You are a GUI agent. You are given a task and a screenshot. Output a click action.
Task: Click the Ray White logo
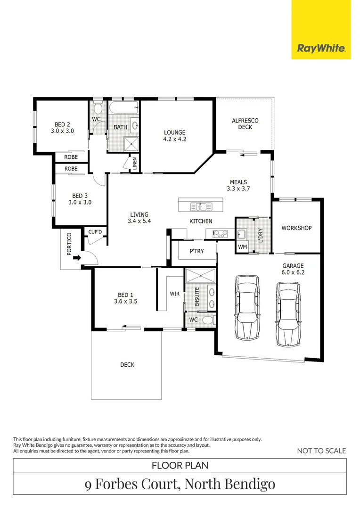point(321,49)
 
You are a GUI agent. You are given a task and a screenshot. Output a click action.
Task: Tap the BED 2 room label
point(62,128)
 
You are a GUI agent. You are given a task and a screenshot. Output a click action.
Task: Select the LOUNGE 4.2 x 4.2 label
point(175,136)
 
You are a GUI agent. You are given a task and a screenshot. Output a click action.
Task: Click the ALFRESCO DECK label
point(245,123)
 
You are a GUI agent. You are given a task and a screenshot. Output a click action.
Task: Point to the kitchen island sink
point(201,206)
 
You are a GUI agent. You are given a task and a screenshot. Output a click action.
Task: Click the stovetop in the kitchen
point(220,233)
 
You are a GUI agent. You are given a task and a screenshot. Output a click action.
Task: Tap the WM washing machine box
point(243,246)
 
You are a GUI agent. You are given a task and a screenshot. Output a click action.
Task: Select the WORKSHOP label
point(296,228)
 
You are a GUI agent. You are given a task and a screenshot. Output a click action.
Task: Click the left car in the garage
point(247,308)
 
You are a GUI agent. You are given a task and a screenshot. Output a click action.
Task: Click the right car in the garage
point(287,314)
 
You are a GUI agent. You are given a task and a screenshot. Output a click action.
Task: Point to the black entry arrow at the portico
point(77,258)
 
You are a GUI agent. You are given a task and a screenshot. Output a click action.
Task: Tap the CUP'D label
point(95,232)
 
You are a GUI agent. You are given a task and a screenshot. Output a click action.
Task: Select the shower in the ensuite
point(200,276)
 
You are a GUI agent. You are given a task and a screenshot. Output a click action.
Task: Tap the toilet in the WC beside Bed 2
point(98,107)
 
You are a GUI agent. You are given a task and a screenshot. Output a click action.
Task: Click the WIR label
point(175,294)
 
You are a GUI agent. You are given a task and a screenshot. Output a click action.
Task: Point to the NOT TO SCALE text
point(321,451)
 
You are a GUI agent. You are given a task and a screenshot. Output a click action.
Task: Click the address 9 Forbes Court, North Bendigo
point(180,484)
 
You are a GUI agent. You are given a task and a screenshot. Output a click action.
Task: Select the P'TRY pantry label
point(196,251)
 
